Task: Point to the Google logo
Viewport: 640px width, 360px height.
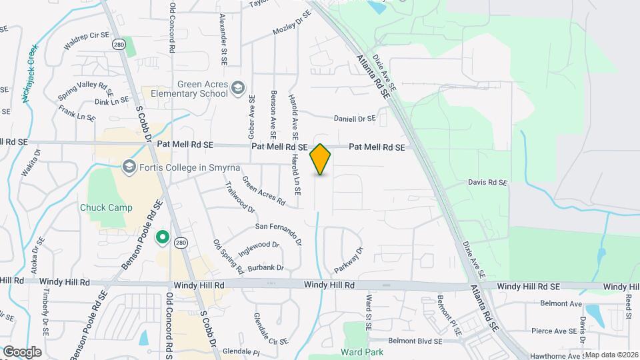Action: coord(21,351)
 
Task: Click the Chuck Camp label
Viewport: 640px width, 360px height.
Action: coord(106,207)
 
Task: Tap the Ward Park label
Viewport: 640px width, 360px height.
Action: coord(360,351)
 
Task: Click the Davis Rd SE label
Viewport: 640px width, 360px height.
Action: coord(488,182)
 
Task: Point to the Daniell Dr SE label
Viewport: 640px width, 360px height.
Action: coord(355,119)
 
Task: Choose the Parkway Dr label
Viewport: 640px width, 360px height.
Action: coord(349,259)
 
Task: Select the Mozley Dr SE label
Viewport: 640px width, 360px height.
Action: coord(292,23)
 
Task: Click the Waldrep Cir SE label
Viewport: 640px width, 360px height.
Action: coord(85,43)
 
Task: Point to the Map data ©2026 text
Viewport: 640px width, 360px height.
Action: coord(611,355)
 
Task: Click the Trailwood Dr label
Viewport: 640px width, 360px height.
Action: coord(241,197)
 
